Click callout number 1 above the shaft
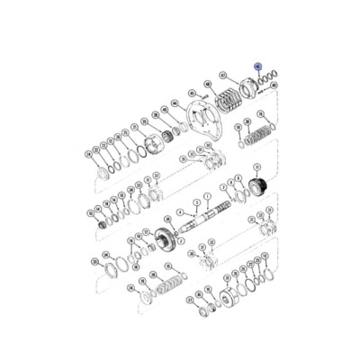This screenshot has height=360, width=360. pos(207,195)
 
